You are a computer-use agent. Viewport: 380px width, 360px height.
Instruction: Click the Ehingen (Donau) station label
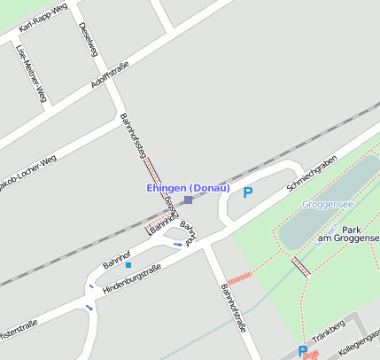[x=188, y=188]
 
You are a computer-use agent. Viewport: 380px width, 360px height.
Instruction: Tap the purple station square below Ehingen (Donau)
[x=188, y=200]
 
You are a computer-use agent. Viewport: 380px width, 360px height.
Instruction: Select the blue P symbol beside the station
[x=248, y=192]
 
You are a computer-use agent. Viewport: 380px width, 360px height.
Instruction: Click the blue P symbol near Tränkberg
[x=303, y=351]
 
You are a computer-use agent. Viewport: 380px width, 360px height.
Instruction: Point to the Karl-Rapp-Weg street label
[x=43, y=20]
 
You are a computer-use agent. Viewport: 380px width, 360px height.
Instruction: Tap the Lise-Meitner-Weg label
[x=32, y=73]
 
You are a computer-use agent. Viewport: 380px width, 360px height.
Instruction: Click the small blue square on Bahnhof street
[x=128, y=264]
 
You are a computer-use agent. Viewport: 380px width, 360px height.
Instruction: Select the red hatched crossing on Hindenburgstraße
[x=240, y=278]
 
